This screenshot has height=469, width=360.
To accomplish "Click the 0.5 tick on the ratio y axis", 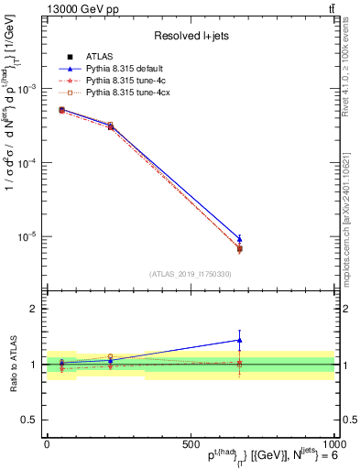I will pyautogui.click(x=29, y=420).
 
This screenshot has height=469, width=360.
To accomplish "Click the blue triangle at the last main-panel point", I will pyautogui.click(x=239, y=238).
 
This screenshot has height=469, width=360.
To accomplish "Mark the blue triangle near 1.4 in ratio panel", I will pyautogui.click(x=239, y=340).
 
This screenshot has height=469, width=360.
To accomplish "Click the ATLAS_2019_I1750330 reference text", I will pyautogui.click(x=191, y=274).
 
